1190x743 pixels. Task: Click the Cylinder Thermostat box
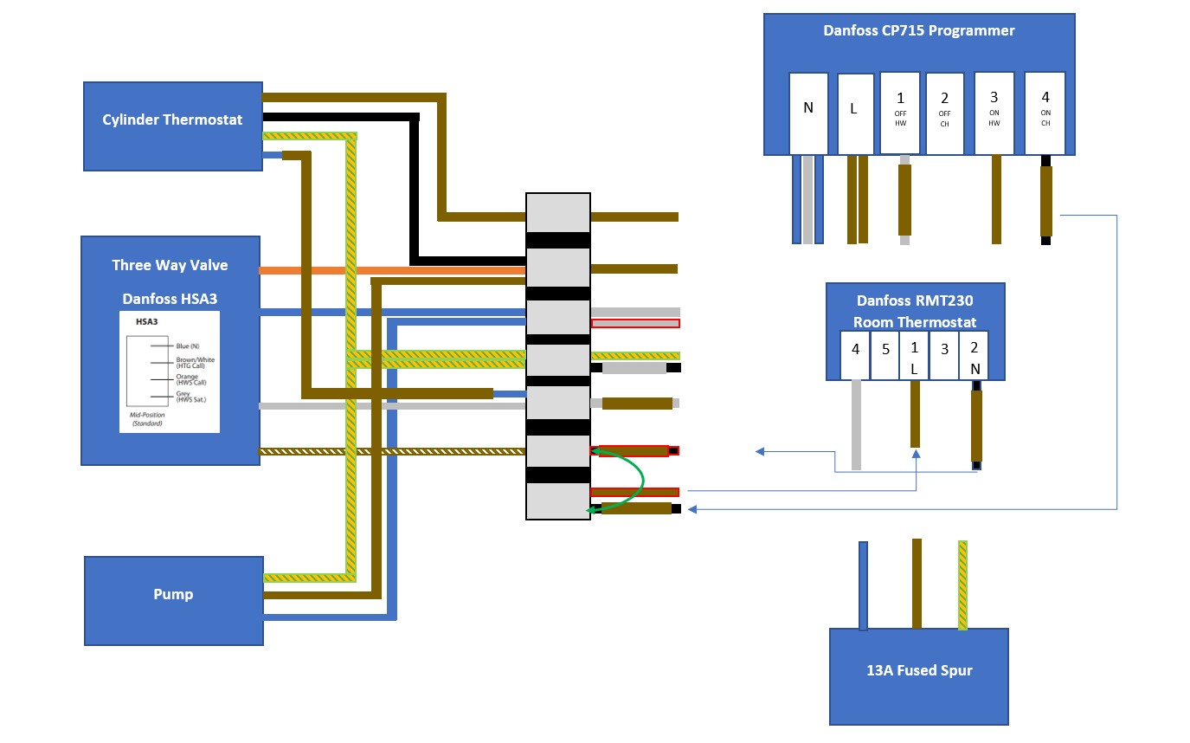pyautogui.click(x=172, y=126)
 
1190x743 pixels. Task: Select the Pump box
pyautogui.click(x=173, y=600)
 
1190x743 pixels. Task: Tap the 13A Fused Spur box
pyautogui.click(x=918, y=675)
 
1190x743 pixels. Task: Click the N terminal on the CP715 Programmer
pyautogui.click(x=808, y=113)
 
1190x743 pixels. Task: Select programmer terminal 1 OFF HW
pyautogui.click(x=900, y=113)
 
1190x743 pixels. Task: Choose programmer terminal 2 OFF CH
pyautogui.click(x=944, y=113)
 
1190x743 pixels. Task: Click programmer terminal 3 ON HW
pyautogui.click(x=994, y=113)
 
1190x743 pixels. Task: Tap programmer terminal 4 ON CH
pyautogui.click(x=1045, y=113)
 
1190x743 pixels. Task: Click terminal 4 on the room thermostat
pyautogui.click(x=855, y=355)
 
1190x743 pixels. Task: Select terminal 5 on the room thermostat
pyautogui.click(x=884, y=355)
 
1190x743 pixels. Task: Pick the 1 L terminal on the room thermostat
pyautogui.click(x=914, y=355)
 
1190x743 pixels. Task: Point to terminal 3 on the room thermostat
pyautogui.click(x=944, y=355)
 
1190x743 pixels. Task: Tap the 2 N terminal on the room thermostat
pyautogui.click(x=974, y=355)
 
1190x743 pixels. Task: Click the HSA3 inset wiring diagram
pyautogui.click(x=170, y=371)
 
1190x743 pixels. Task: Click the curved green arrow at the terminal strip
pyautogui.click(x=638, y=480)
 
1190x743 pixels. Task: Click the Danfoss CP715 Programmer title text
pyautogui.click(x=918, y=31)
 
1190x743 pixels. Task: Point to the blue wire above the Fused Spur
pyautogui.click(x=863, y=585)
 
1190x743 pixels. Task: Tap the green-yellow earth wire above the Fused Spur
pyautogui.click(x=962, y=585)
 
